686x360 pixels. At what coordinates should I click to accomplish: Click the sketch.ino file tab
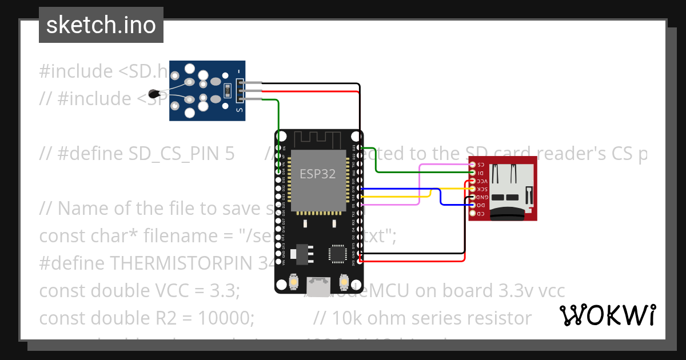coord(101,25)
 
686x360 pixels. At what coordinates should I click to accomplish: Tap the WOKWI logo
coord(607,315)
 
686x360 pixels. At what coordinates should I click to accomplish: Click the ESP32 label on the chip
coord(318,174)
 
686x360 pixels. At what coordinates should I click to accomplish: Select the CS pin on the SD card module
coord(472,165)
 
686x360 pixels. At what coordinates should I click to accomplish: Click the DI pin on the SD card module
coord(472,173)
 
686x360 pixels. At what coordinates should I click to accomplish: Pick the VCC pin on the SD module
coord(472,181)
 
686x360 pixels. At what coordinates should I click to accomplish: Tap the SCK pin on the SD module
coord(472,189)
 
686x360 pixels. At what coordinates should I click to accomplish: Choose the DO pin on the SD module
coord(472,205)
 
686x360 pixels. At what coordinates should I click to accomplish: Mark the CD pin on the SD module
coord(472,213)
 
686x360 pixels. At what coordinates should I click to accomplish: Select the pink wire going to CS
coord(420,183)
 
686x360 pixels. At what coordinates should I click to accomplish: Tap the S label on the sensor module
coord(239,109)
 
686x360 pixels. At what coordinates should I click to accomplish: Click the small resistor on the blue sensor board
coord(227,90)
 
